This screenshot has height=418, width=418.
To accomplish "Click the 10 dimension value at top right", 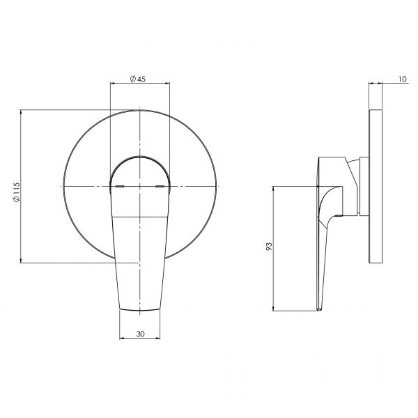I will click(x=403, y=79).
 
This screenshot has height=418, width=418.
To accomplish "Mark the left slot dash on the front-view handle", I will click(x=119, y=187).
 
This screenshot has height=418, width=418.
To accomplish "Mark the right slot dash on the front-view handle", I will click(x=161, y=187).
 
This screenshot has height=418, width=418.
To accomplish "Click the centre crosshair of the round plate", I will click(x=141, y=187).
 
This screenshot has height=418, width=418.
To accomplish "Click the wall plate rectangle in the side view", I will click(x=376, y=186).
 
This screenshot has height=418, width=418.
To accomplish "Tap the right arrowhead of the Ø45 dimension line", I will click(x=168, y=85).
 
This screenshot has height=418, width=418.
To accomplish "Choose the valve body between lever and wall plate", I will click(x=355, y=185).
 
